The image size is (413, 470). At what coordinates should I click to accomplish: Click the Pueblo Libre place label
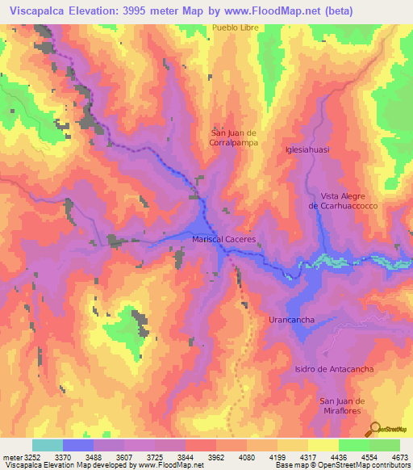[x=234, y=28]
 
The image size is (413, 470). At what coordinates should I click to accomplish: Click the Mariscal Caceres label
[x=223, y=240]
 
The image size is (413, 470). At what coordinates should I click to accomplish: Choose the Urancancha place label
[x=291, y=320]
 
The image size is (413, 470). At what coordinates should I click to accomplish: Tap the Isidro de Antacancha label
[x=323, y=369]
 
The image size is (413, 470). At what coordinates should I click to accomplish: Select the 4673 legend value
[x=400, y=457]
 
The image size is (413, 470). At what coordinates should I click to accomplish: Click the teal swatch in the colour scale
[x=48, y=445]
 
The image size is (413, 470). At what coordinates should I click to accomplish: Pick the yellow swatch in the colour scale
[x=323, y=445]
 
